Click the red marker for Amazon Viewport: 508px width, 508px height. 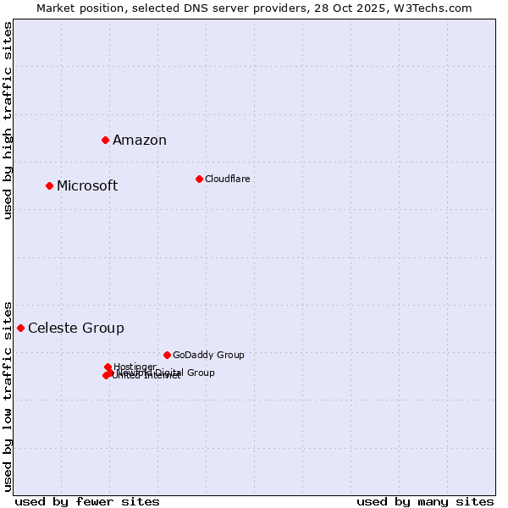pyautogui.click(x=105, y=140)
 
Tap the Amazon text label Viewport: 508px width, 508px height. pyautogui.click(x=140, y=141)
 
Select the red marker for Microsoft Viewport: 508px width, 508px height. pyautogui.click(x=49, y=185)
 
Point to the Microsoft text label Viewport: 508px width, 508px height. pyautogui.click(x=87, y=186)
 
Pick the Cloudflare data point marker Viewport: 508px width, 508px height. pyautogui.click(x=199, y=179)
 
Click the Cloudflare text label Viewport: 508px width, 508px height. pyautogui.click(x=227, y=179)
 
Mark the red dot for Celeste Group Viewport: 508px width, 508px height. pyautogui.click(x=20, y=328)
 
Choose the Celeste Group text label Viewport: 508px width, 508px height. pyautogui.click(x=76, y=329)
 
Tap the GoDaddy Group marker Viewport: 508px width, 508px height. pyautogui.click(x=167, y=355)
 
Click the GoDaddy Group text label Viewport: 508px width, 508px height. pyautogui.click(x=208, y=356)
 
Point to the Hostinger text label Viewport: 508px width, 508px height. pyautogui.click(x=135, y=367)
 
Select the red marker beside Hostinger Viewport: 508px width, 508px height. pyautogui.click(x=108, y=367)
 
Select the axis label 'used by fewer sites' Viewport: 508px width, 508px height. pyautogui.click(x=87, y=501)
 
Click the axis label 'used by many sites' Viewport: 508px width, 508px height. pyautogui.click(x=425, y=501)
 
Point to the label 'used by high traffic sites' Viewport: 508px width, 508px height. pyautogui.click(x=8, y=120)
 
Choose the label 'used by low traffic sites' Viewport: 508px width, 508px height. pyautogui.click(x=8, y=395)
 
